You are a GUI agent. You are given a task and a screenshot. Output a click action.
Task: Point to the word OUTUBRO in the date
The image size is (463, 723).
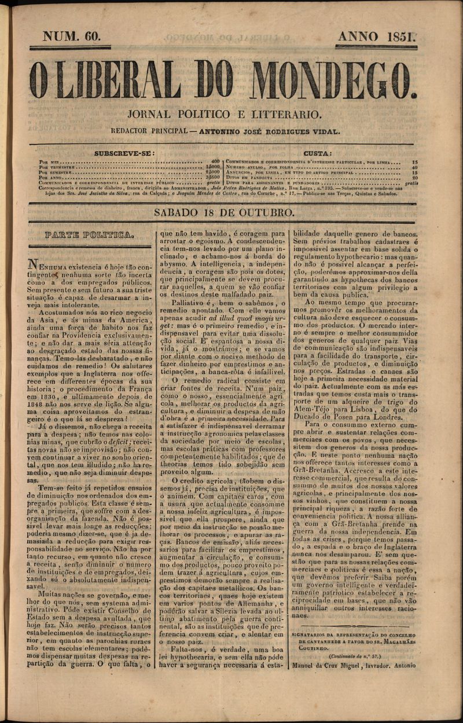pyautogui.click(x=266, y=213)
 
